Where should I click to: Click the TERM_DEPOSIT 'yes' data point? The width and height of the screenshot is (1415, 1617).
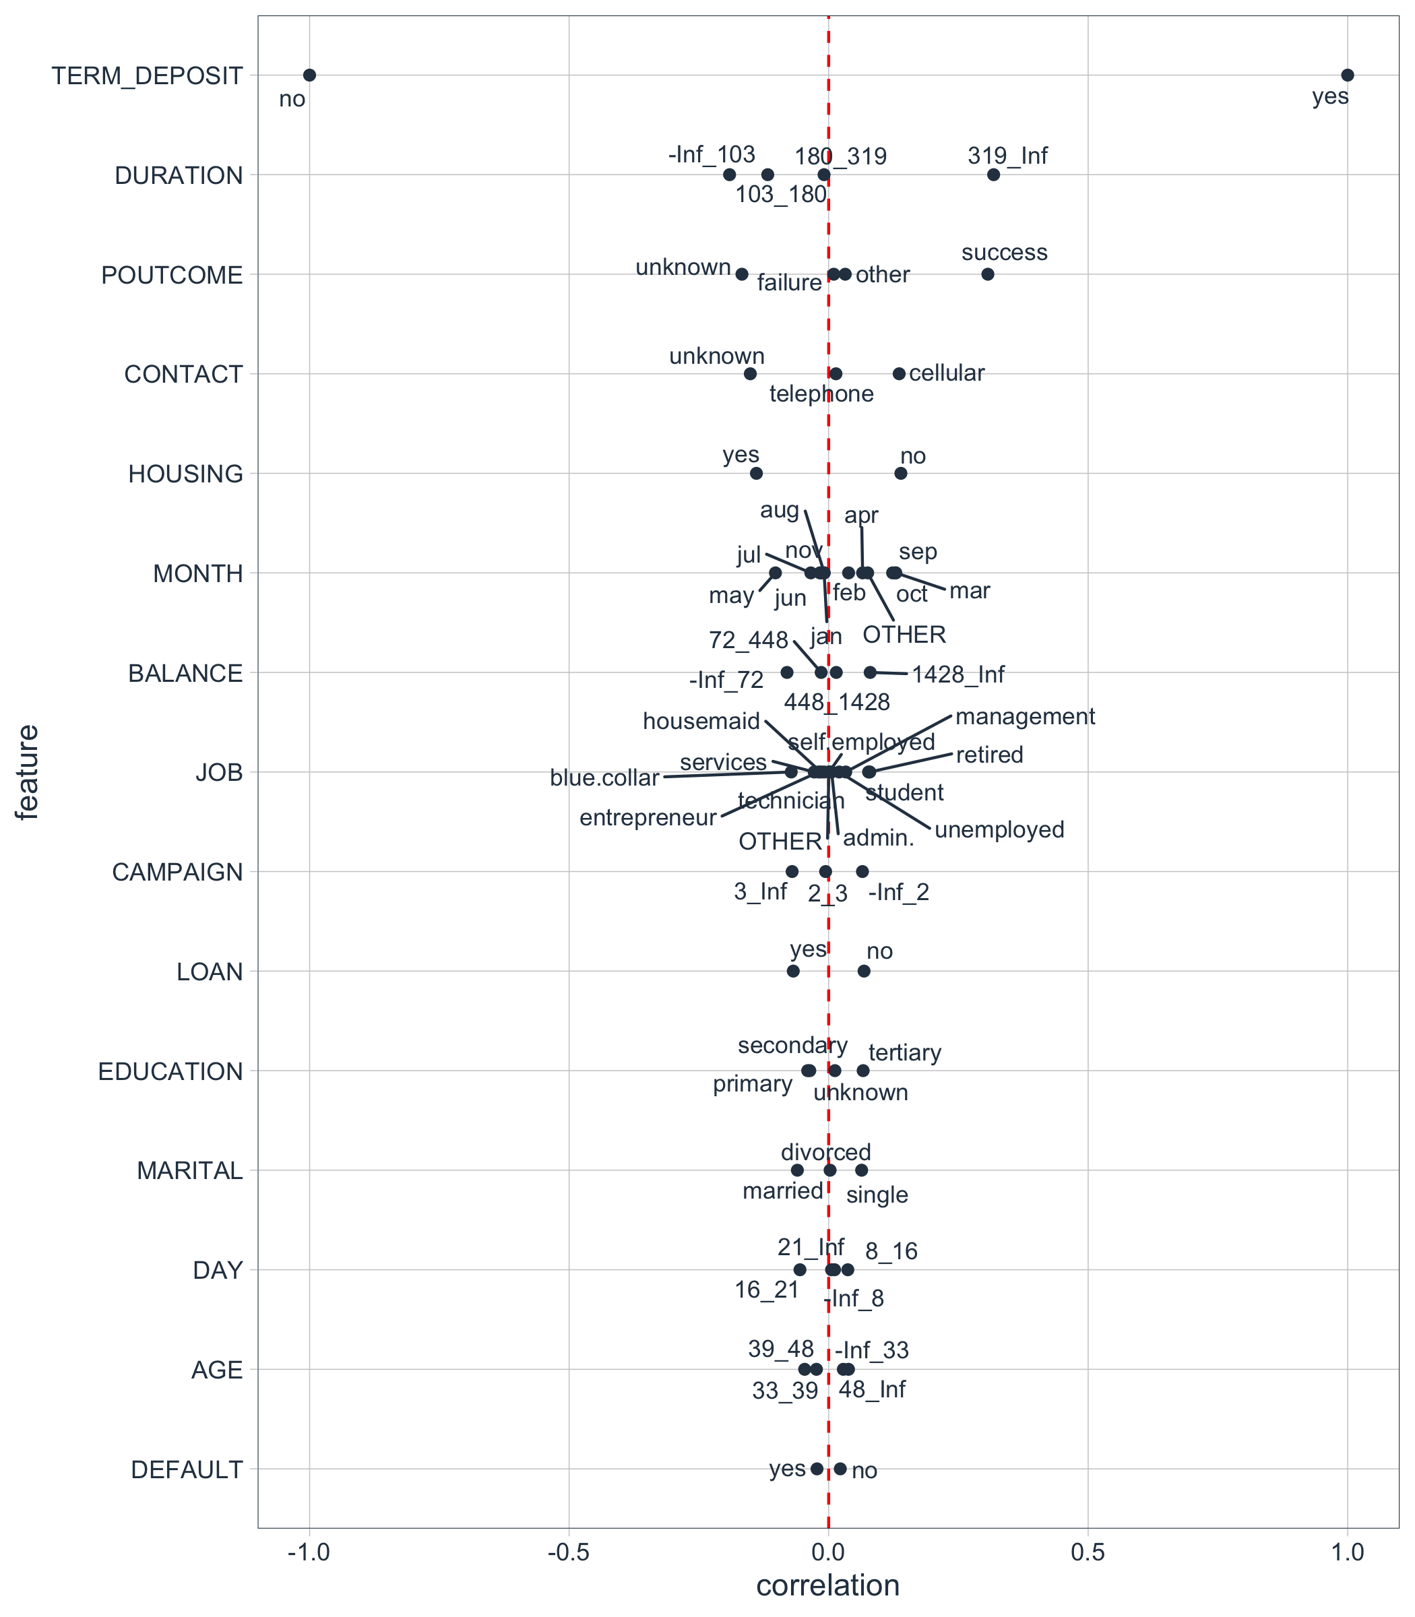pos(1347,75)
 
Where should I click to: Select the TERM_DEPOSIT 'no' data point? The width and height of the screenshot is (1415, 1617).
pos(309,75)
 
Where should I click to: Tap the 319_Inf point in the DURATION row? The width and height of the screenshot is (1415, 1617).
pos(993,175)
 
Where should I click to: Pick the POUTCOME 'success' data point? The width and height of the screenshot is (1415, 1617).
pos(987,274)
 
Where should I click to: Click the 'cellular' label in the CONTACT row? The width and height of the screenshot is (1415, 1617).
pos(946,373)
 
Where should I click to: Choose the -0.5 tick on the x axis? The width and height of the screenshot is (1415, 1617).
pos(569,1552)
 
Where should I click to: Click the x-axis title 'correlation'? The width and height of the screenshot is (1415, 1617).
pos(827,1585)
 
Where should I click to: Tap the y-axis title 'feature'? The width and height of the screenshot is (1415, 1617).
pos(28,772)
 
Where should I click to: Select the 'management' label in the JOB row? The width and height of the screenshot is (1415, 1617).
pos(1024,716)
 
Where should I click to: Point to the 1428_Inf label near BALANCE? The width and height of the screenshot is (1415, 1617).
pos(957,674)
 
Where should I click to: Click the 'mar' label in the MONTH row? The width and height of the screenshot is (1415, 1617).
pos(969,591)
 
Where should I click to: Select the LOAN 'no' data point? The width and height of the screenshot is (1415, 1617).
pos(864,970)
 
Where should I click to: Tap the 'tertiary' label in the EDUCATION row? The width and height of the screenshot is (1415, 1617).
pos(904,1052)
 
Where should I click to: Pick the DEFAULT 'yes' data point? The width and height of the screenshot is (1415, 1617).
pos(817,1469)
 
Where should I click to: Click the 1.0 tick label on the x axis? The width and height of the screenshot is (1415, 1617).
pos(1347,1552)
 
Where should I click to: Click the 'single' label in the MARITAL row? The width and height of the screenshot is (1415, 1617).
pos(877,1195)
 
